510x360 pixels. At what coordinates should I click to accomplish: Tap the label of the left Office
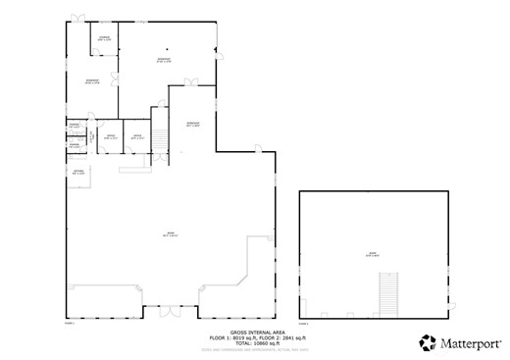111,137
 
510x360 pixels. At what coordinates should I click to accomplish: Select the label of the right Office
139,137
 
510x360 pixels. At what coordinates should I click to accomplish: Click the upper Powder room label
74,126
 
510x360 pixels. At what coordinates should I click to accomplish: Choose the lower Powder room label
74,145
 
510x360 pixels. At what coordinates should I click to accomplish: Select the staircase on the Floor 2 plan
389,293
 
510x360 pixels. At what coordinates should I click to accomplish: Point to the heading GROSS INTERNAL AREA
258,333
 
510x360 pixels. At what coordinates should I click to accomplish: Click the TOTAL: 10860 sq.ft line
258,343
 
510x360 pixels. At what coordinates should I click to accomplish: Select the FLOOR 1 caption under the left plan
70,322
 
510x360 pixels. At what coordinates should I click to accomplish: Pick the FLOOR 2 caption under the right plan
304,322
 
